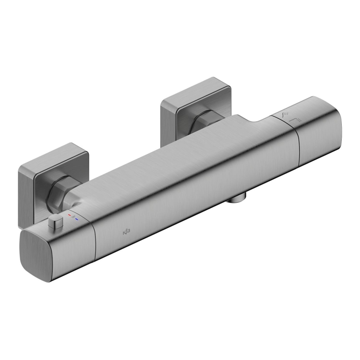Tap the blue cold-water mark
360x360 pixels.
[x=77, y=218]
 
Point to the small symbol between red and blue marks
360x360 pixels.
[x=73, y=216]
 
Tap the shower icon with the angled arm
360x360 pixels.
[x=296, y=120]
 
